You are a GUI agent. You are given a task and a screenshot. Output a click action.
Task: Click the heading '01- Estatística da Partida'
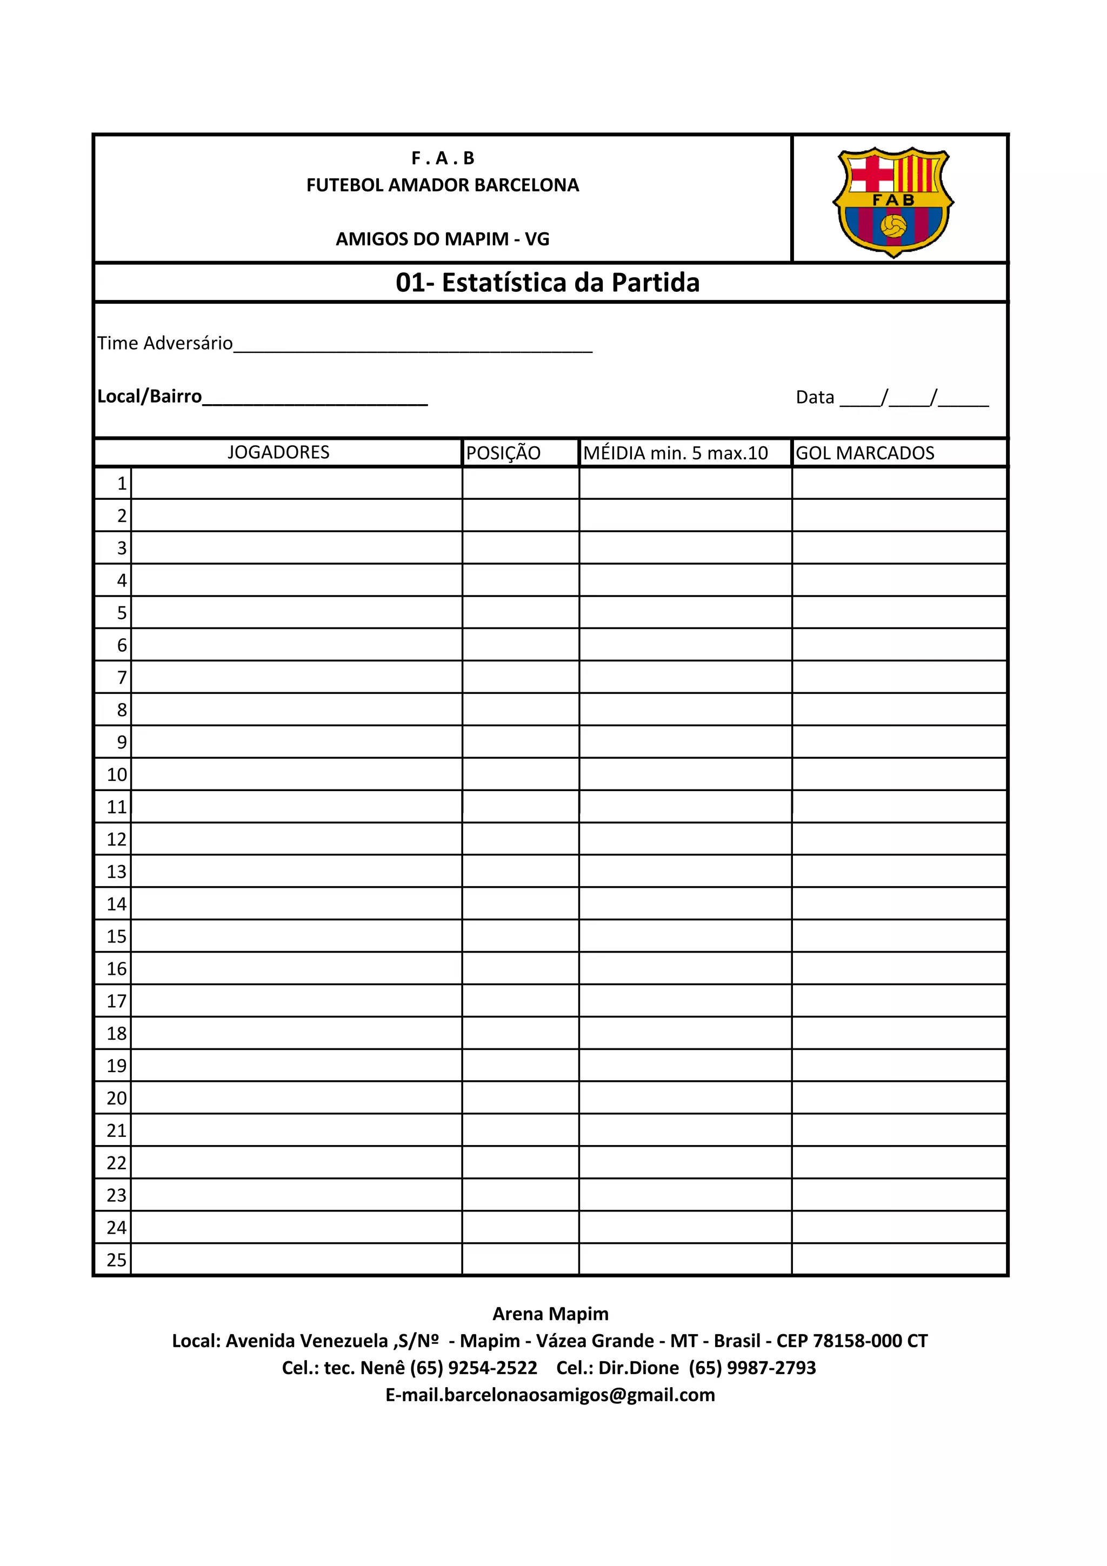548,283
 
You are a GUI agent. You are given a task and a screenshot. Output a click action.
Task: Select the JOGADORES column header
278,452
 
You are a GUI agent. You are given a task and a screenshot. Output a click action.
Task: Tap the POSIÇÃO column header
503,453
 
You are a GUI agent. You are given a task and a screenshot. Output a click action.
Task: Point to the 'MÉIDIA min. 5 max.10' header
675,453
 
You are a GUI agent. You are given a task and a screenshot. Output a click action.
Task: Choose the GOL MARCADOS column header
865,453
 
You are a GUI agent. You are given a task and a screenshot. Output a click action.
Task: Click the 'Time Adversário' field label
165,343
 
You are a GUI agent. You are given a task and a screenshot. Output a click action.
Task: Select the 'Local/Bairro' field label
149,396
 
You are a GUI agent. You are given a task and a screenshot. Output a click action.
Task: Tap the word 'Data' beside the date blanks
815,398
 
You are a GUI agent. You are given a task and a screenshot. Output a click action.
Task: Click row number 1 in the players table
122,484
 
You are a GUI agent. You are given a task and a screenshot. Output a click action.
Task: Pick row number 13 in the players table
117,872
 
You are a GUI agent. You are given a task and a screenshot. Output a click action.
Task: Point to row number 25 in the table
117,1260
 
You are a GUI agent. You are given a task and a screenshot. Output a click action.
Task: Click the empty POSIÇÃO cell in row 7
521,677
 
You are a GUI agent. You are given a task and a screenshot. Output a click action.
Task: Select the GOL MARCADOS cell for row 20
899,1098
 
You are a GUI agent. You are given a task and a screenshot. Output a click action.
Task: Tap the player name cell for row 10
297,774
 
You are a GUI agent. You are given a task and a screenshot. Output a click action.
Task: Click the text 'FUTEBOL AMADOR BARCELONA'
443,185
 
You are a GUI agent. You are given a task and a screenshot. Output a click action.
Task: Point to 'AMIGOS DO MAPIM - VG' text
443,239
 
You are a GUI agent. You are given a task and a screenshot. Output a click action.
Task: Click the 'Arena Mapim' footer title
550,1314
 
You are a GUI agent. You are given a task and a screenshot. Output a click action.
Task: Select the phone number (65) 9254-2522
474,1368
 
